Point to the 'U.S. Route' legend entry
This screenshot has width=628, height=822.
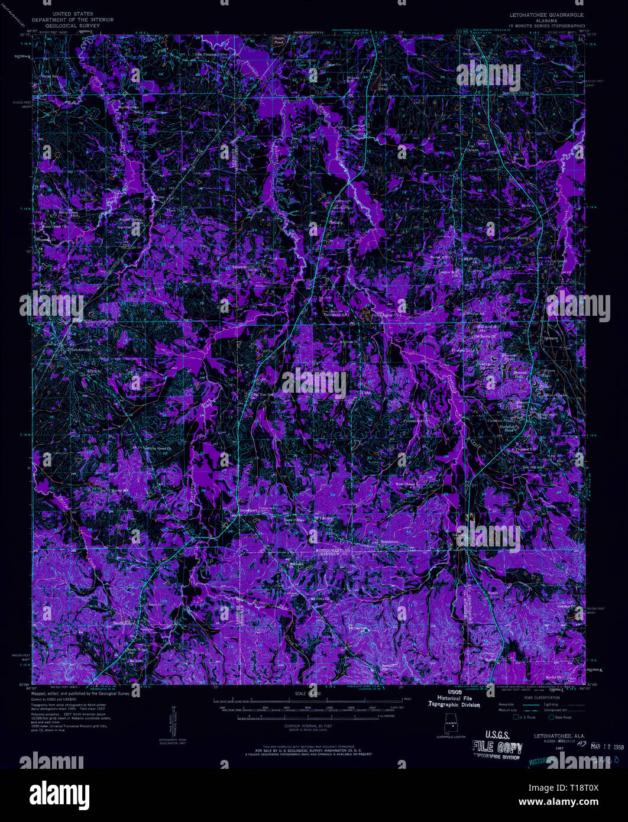pos(527,717)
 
